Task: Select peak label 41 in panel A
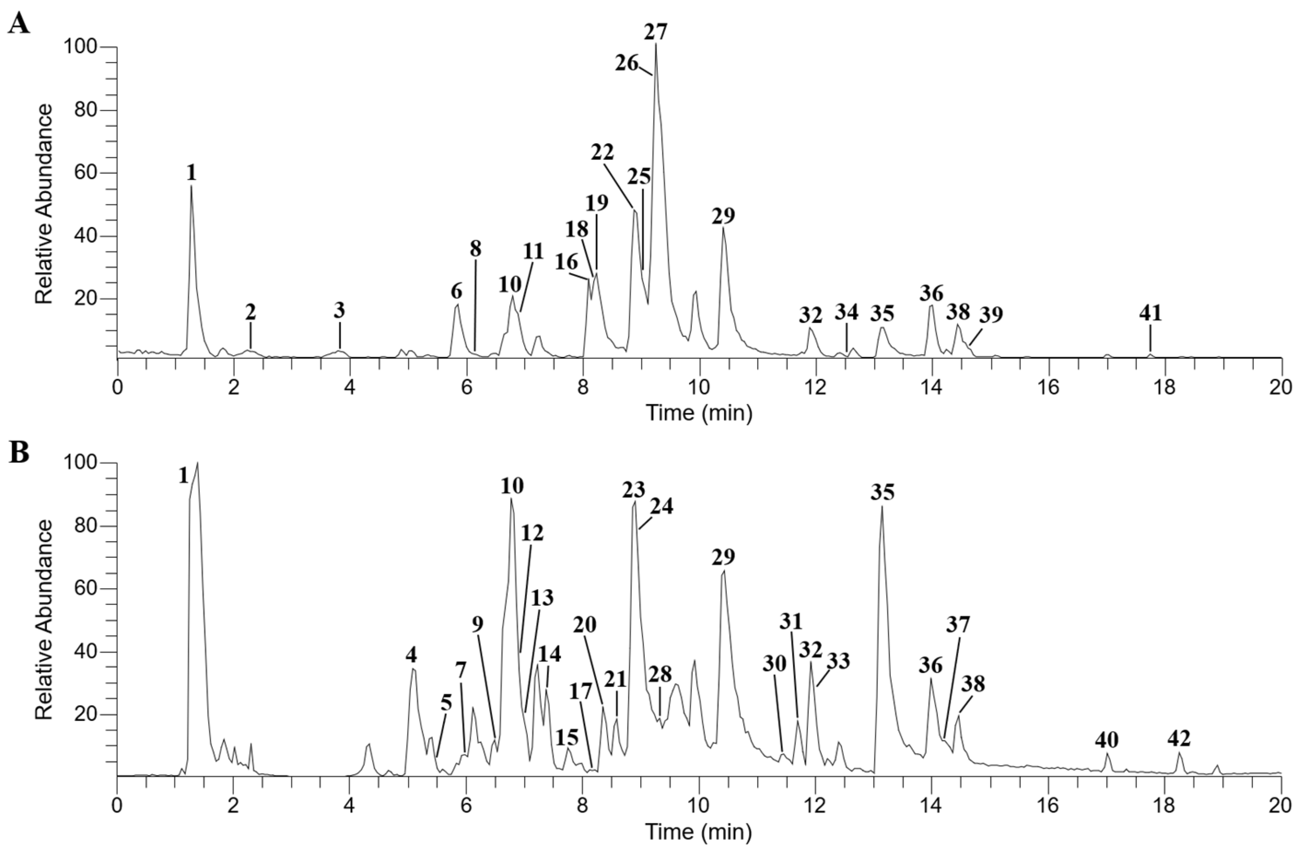tap(1150, 314)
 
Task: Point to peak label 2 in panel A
tap(250, 312)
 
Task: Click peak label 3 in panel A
tap(339, 312)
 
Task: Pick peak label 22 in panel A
tap(602, 152)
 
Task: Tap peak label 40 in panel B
tap(1106, 740)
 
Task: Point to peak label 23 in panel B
tap(634, 490)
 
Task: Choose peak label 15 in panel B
tap(567, 738)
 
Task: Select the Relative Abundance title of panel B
tap(44, 620)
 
